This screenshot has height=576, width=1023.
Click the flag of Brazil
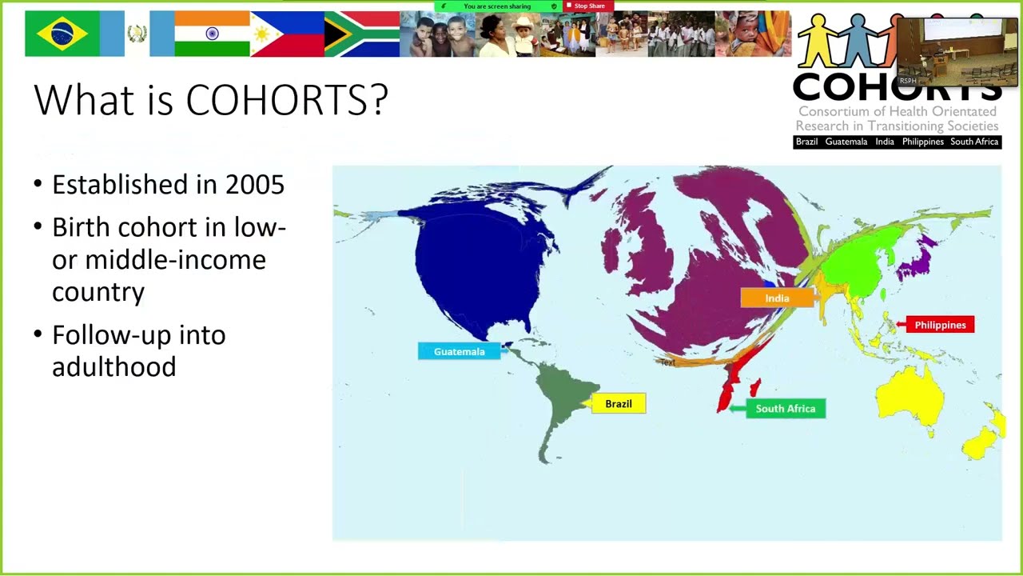point(63,34)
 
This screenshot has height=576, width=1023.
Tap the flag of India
point(212,34)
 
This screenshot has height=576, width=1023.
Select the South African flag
point(362,34)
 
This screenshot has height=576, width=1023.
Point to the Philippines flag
point(287,34)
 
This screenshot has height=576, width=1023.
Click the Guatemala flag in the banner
point(137,34)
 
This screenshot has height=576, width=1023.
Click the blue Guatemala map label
point(459,351)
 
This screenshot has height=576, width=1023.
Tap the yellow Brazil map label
point(618,404)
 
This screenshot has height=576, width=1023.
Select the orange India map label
point(777,298)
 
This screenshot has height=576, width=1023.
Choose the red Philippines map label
point(940,325)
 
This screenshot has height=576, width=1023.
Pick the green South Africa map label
point(785,409)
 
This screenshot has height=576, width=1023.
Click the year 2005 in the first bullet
point(254,185)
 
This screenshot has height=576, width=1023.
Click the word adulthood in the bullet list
point(113,367)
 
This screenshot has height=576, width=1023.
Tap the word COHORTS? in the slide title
point(287,100)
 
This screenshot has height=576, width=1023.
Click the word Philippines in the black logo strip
point(922,142)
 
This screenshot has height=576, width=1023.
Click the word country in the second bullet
point(98,292)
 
